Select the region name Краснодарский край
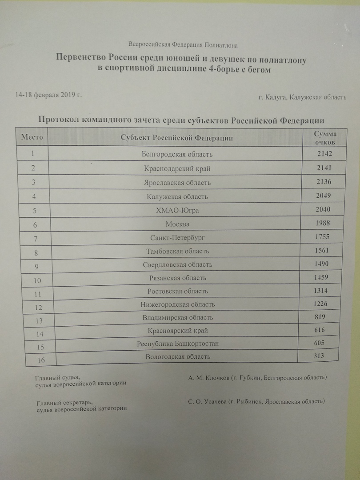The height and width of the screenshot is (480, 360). [177, 168]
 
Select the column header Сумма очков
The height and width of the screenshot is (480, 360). [325, 138]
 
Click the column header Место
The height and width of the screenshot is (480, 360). [32, 137]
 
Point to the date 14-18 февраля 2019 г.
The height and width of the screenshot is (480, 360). [48, 95]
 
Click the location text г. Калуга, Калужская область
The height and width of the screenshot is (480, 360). [302, 97]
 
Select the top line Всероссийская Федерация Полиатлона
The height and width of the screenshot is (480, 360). [183, 44]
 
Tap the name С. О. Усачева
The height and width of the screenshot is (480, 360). [207, 401]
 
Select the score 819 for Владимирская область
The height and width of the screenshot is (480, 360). [319, 317]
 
